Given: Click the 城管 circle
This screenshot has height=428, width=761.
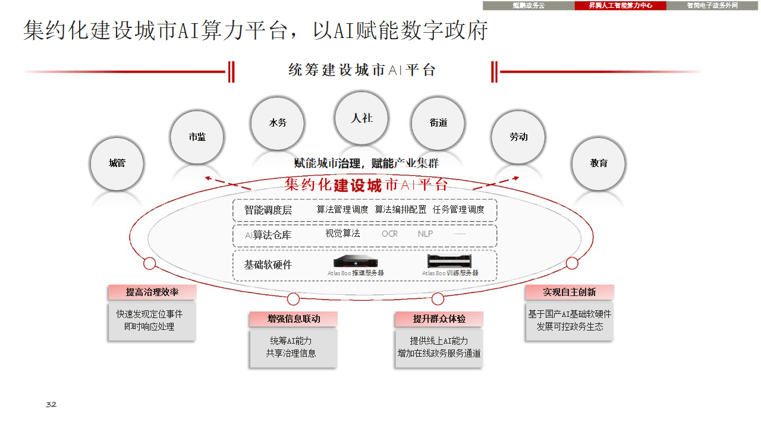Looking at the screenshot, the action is [117, 163].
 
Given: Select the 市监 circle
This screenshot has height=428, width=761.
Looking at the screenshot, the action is [197, 137].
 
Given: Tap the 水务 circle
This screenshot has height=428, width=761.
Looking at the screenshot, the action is [278, 123].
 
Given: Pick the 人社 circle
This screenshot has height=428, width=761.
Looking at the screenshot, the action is [361, 118].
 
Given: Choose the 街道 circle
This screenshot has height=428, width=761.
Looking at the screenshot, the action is [438, 123].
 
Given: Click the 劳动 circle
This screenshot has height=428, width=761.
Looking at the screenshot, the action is [518, 137].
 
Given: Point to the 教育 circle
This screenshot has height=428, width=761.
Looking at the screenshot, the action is [599, 163].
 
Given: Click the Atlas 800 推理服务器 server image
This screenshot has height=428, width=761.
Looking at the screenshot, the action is [356, 261].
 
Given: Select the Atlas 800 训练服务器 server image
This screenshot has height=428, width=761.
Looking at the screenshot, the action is [449, 261].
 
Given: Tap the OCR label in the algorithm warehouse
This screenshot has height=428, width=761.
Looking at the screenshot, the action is [390, 234].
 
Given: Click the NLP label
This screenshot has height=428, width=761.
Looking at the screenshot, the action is [425, 234].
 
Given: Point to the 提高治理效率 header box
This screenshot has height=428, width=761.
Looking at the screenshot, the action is [152, 292].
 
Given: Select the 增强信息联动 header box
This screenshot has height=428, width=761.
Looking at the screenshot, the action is [294, 319].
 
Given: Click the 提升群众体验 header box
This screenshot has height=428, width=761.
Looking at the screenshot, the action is [439, 319].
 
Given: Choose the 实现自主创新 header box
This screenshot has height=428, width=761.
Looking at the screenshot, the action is [569, 292].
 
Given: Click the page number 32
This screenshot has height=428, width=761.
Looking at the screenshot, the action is [51, 405].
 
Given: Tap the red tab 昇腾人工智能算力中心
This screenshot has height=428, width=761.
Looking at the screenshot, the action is [620, 5].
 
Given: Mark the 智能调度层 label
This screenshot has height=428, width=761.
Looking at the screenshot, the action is [268, 210].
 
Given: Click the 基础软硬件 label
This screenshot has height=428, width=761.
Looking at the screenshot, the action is [268, 265].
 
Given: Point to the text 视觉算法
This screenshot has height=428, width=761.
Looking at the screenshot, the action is [342, 234].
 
